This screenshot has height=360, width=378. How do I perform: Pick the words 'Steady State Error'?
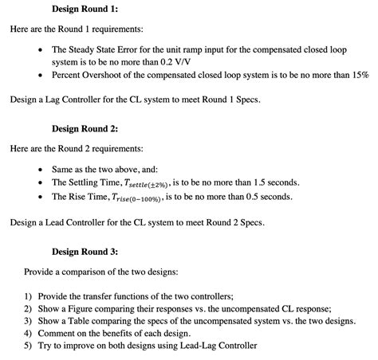tap(104, 48)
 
